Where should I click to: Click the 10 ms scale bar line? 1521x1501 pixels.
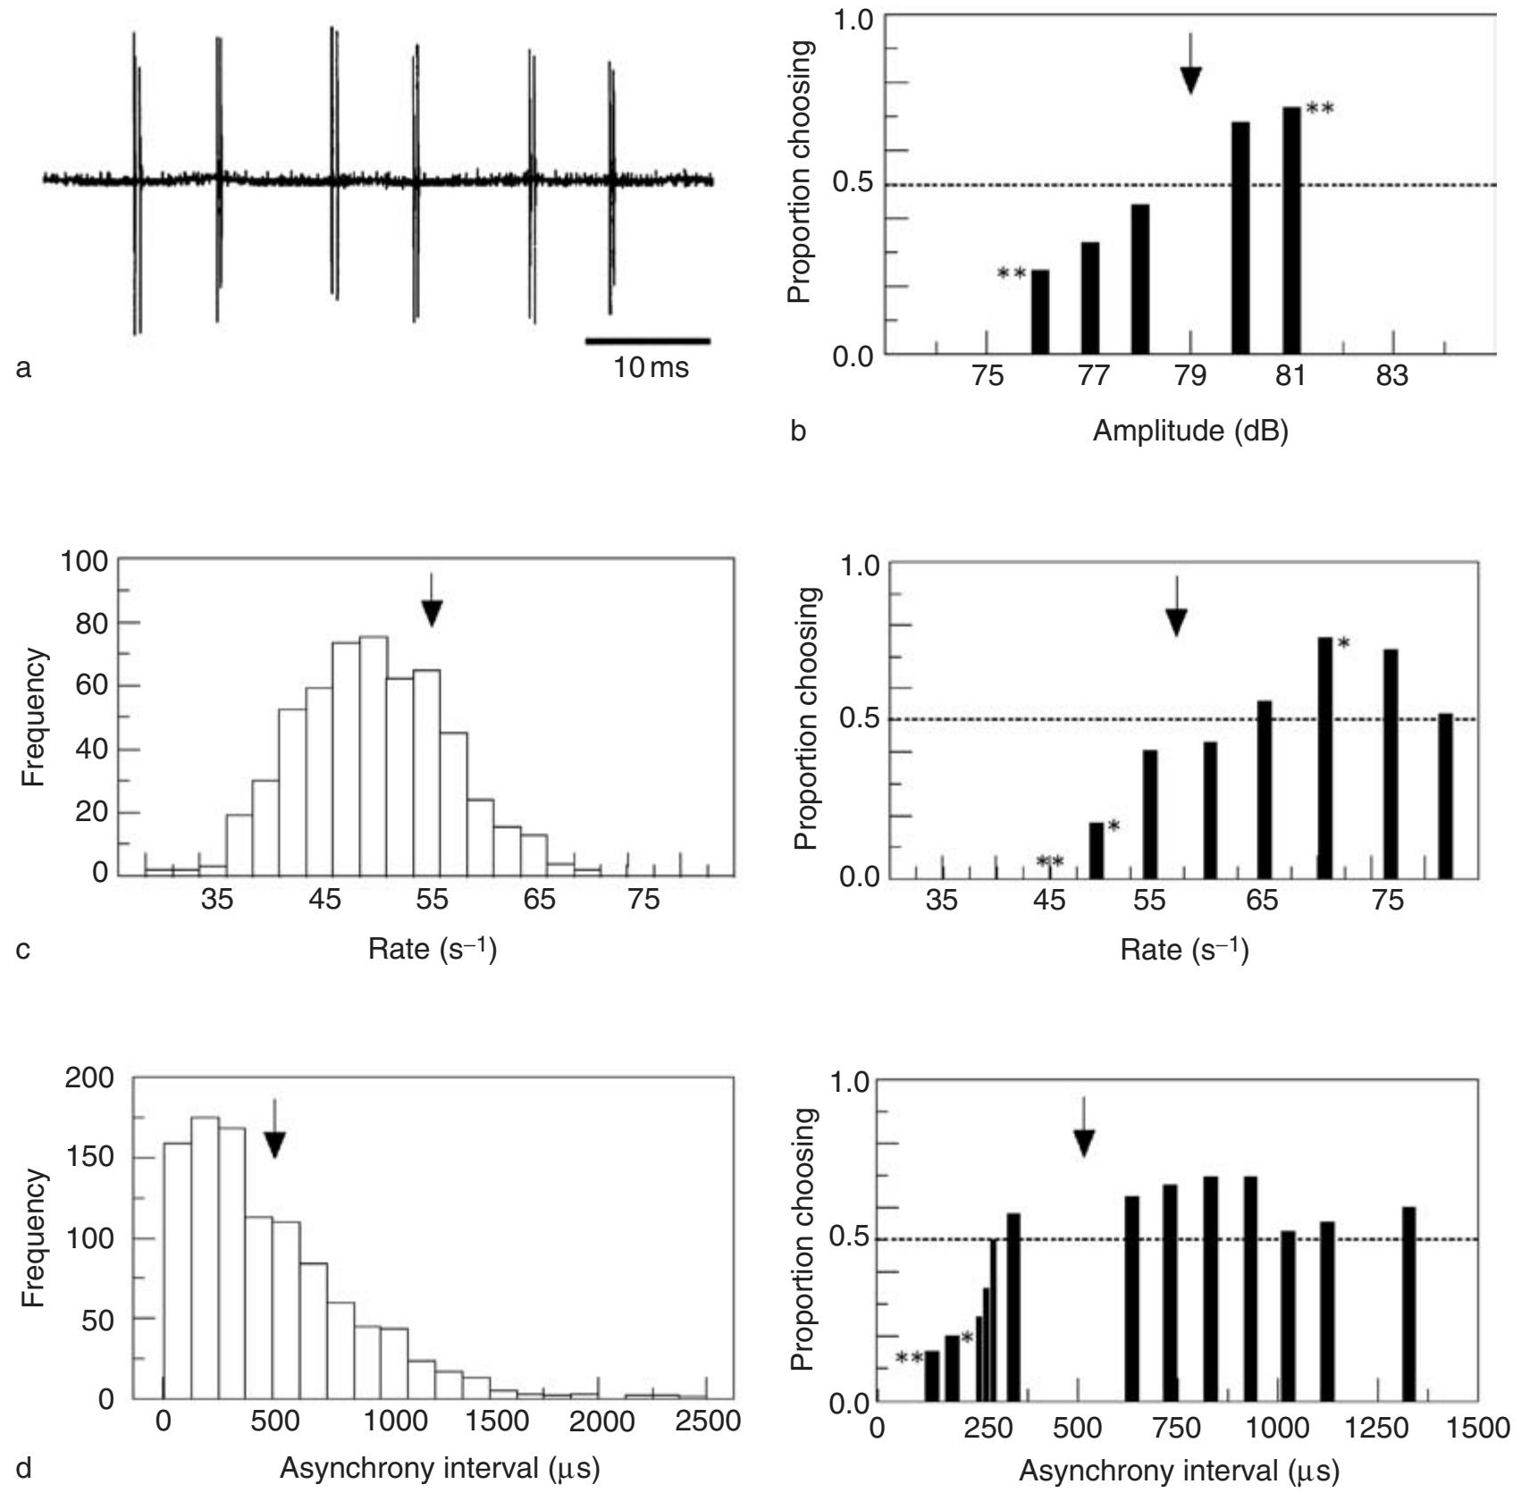(648, 340)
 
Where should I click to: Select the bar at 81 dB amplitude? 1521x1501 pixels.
(1291, 231)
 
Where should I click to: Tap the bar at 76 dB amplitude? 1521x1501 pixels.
(1040, 312)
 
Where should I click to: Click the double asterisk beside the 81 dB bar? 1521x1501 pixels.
(1320, 110)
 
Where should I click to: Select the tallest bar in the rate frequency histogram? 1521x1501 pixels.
(374, 755)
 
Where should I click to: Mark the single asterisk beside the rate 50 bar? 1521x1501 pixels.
(1113, 826)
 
